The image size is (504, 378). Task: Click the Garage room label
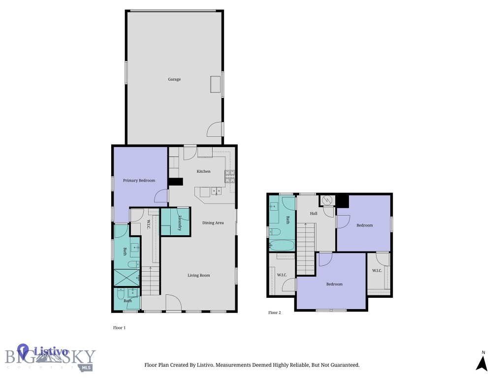[174, 79]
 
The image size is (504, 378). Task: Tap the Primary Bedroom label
[139, 180]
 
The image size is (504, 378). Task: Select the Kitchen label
[203, 171]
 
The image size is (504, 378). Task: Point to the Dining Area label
[213, 223]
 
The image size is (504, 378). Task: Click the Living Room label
[199, 275]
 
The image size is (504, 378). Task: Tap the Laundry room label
[180, 223]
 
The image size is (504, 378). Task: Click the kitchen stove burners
[230, 177]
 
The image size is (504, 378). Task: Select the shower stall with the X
[126, 278]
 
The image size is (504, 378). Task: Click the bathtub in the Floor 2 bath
[282, 246]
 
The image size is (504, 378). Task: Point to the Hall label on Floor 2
[314, 214]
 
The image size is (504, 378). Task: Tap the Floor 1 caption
[119, 328]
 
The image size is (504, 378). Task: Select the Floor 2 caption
[275, 313]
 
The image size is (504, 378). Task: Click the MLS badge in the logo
[86, 367]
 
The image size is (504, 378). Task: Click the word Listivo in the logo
[51, 351]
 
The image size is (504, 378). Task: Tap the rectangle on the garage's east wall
[216, 84]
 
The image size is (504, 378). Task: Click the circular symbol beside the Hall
[327, 201]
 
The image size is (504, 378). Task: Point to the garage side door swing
[215, 129]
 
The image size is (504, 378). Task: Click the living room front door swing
[174, 303]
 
